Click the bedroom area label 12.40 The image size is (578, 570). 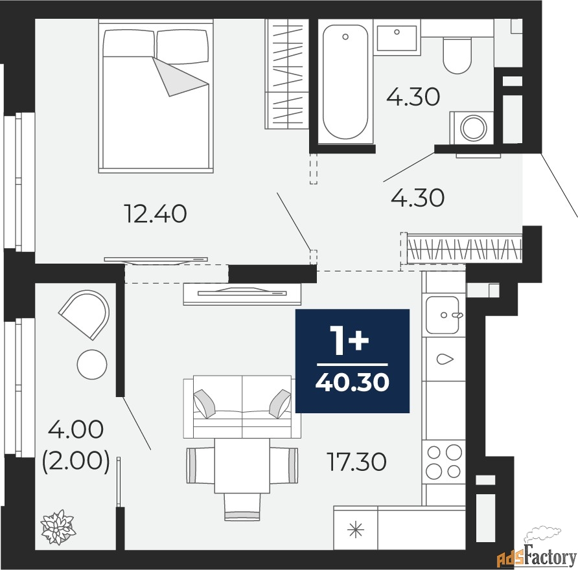(156, 214)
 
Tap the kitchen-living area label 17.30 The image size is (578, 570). (356, 462)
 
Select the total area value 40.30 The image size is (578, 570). (353, 382)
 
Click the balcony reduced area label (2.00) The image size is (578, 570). (76, 461)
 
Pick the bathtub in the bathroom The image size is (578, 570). (345, 82)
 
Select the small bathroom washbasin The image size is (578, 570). (397, 38)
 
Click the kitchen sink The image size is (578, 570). (443, 315)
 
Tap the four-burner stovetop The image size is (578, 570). (444, 462)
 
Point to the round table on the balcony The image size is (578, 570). (92, 364)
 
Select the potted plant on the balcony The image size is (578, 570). (58, 527)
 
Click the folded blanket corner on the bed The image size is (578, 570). (180, 76)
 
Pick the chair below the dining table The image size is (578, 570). (242, 507)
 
